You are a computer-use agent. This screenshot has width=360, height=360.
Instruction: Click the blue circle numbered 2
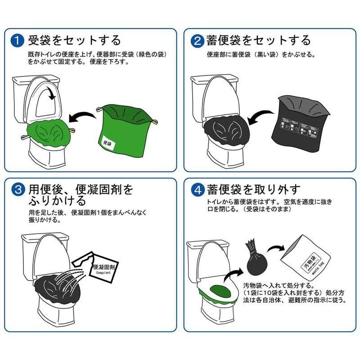pyautogui.click(x=197, y=40)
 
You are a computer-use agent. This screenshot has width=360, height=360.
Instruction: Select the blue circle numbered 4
pyautogui.click(x=197, y=189)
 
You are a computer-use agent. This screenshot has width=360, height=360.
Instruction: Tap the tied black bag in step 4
pyautogui.click(x=253, y=261)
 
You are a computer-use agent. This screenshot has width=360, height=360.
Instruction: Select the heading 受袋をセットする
pyautogui.click(x=74, y=40)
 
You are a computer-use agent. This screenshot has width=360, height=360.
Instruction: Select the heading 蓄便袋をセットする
pyautogui.click(x=258, y=40)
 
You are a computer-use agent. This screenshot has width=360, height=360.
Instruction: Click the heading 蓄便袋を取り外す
pyautogui.click(x=259, y=189)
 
